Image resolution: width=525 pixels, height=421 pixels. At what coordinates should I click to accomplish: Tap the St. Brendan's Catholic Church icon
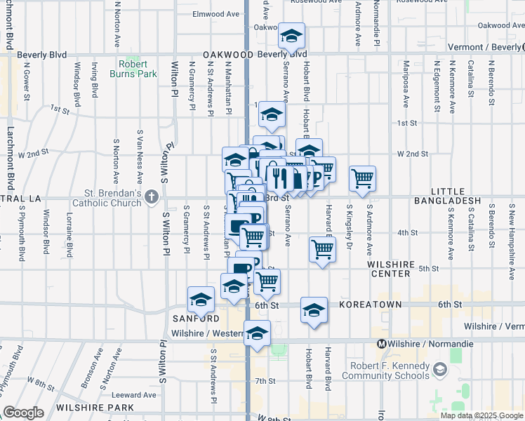[152, 198]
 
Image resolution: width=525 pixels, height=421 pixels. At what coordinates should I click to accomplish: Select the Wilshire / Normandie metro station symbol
[383, 344]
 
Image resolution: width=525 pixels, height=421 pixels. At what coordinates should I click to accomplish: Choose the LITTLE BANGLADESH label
[456, 196]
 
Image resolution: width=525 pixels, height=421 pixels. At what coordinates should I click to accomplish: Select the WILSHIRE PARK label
[95, 407]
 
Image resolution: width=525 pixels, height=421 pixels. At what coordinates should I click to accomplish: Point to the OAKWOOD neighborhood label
[228, 54]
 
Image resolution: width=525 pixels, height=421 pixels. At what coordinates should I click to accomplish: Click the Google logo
[23, 413]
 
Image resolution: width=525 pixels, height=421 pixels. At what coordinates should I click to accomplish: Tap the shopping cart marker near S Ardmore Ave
[362, 179]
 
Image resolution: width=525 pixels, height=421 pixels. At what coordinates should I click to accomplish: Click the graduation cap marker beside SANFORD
[201, 300]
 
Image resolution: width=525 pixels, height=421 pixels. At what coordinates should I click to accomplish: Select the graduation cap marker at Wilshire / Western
[258, 333]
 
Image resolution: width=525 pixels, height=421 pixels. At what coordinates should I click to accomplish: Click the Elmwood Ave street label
[216, 14]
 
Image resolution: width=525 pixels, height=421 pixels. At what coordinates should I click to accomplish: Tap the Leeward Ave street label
[138, 395]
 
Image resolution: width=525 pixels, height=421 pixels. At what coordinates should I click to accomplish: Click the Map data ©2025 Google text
[481, 415]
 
